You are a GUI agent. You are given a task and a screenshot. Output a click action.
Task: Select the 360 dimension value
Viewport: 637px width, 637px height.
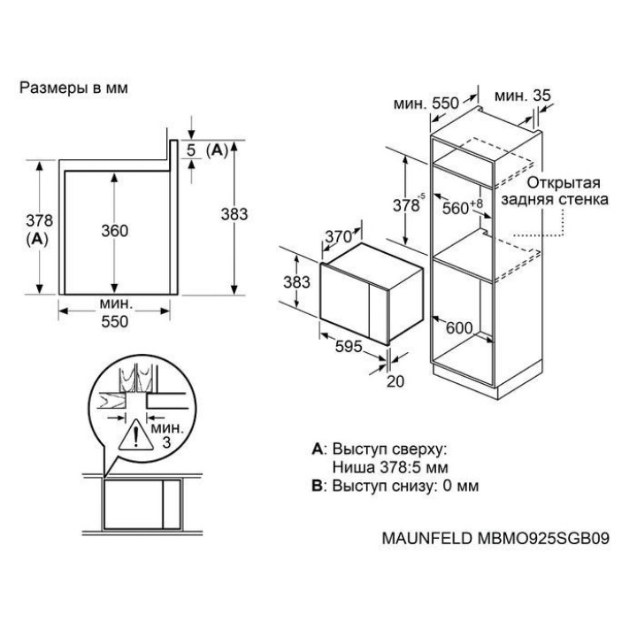tap(114, 231)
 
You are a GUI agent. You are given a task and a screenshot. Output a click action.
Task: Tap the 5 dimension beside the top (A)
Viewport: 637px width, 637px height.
tap(190, 150)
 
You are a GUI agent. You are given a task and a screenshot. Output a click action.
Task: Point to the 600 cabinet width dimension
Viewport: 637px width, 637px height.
tap(458, 326)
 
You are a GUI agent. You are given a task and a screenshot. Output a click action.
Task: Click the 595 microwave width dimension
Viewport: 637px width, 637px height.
tap(349, 348)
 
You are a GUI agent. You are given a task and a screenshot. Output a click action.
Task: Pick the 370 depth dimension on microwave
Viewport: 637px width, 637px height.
tap(338, 237)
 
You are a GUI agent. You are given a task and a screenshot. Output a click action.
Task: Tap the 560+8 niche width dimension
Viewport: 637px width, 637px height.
tap(462, 206)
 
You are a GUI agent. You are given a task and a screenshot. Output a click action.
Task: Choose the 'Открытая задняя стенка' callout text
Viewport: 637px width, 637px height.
tap(554, 192)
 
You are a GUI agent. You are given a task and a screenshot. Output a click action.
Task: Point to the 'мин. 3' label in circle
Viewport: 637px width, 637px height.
tap(162, 434)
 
